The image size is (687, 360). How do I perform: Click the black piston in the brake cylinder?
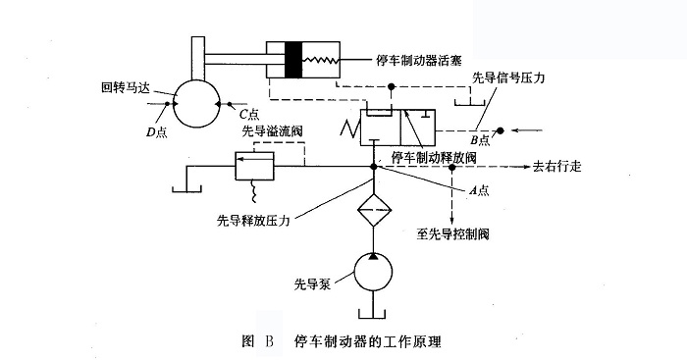pos(291,61)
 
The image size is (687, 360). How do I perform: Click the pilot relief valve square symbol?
pos(252,166)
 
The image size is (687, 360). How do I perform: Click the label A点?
pos(480,190)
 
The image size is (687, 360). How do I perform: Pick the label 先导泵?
pos(310,285)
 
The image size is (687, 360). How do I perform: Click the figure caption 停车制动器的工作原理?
pos(367,342)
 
